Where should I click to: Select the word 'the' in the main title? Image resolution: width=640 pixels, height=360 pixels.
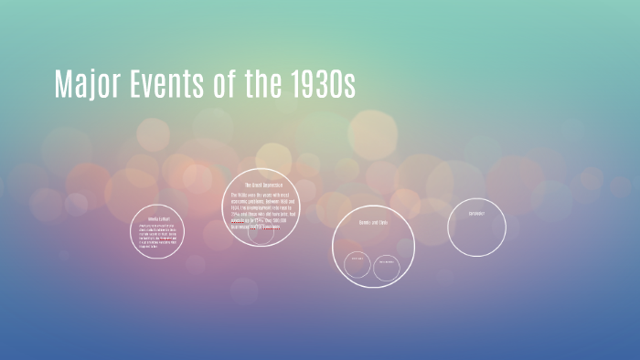272,84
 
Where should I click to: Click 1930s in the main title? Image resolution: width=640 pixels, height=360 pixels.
325,84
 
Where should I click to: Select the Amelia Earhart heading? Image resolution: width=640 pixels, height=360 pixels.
159,219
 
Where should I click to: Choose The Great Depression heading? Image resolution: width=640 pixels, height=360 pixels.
264,185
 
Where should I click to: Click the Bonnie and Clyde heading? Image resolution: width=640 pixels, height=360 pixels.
373,221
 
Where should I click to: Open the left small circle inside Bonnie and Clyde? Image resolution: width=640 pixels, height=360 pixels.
356,265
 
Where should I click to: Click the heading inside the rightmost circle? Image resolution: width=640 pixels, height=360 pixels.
476,214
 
